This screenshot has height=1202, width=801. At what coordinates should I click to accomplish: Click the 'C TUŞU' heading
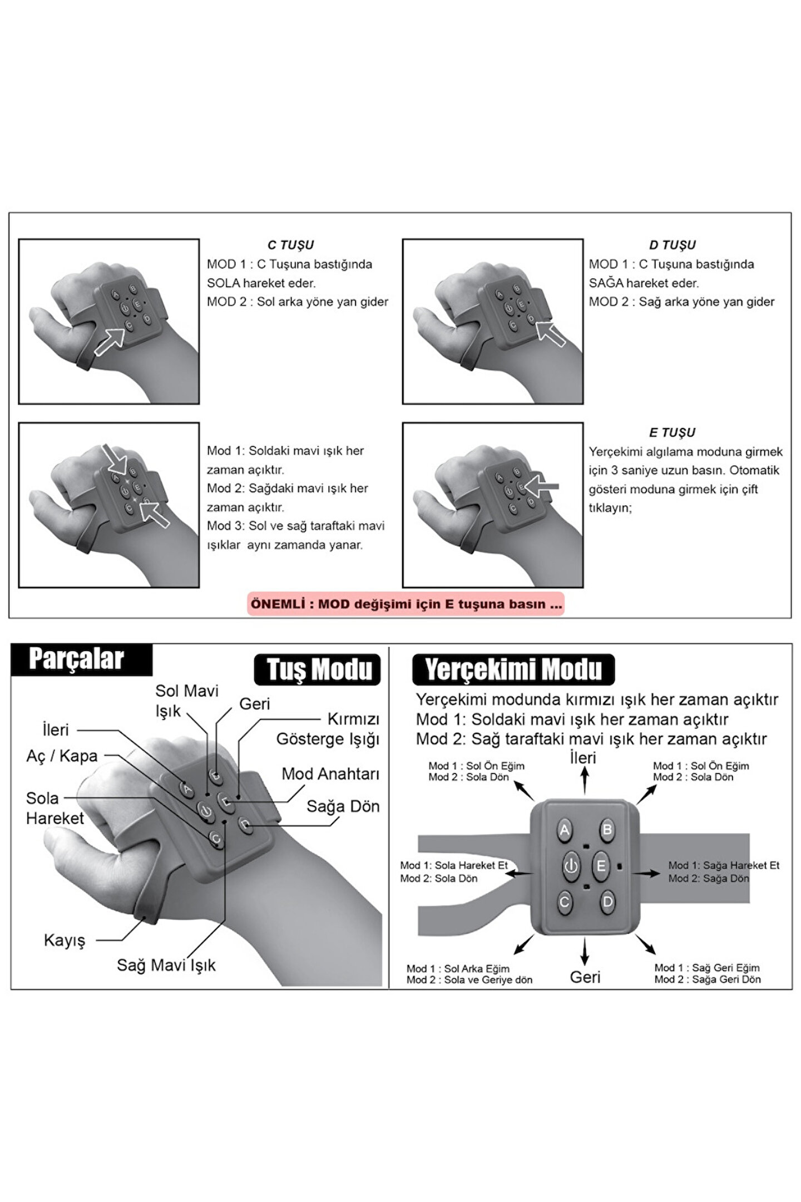(x=290, y=245)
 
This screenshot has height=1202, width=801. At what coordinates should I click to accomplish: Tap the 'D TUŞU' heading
(x=672, y=245)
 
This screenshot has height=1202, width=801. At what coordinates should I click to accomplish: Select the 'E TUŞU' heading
(x=672, y=432)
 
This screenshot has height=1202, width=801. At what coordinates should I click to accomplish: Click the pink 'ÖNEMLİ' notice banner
(x=406, y=604)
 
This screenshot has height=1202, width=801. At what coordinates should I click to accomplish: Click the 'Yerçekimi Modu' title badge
(x=513, y=669)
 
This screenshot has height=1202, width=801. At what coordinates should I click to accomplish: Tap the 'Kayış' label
(x=65, y=940)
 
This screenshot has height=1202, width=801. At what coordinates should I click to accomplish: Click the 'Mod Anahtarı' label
(x=330, y=774)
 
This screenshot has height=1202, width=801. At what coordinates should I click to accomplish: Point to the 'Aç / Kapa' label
(x=62, y=756)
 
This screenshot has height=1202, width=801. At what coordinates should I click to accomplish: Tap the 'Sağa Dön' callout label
(x=343, y=806)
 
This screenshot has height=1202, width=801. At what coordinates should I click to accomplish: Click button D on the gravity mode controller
(x=607, y=901)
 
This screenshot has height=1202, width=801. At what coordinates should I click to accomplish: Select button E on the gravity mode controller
(x=601, y=866)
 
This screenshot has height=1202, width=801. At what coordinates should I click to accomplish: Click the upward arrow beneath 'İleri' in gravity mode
(x=585, y=780)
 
